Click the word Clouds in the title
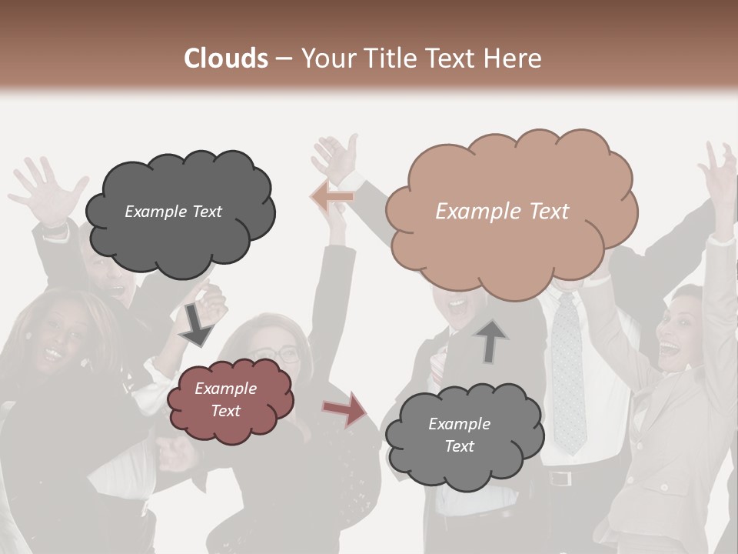(x=226, y=58)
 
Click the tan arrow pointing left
(x=332, y=197)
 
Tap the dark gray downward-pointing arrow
(x=196, y=325)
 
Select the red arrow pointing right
(x=345, y=409)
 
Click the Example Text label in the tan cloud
(x=502, y=212)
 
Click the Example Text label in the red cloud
(x=226, y=399)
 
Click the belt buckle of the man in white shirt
(x=560, y=479)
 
